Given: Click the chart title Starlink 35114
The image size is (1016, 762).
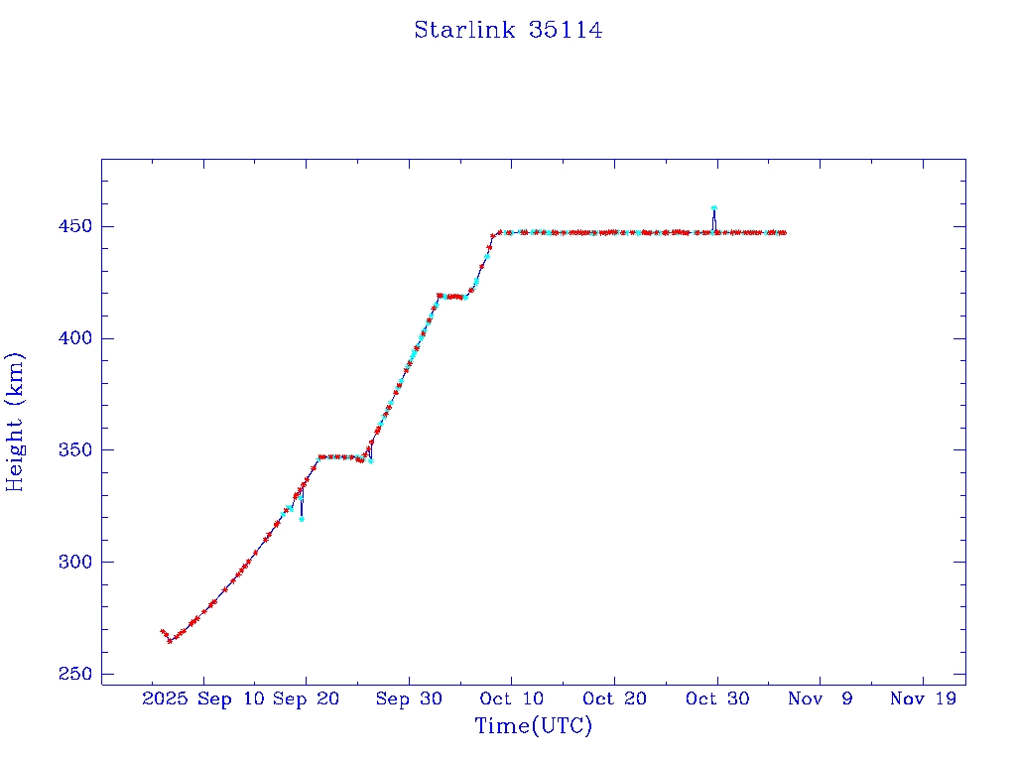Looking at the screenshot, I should pyautogui.click(x=508, y=30).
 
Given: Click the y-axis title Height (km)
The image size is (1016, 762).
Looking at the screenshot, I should pyautogui.click(x=15, y=422).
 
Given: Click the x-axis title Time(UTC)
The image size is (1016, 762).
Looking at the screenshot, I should pyautogui.click(x=533, y=726).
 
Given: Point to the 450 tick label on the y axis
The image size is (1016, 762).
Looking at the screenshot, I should pyautogui.click(x=72, y=226).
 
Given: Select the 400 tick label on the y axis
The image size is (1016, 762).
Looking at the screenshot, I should pyautogui.click(x=72, y=338).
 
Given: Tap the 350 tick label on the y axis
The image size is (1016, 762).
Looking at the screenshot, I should pyautogui.click(x=72, y=450).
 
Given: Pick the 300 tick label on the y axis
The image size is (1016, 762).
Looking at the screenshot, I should pyautogui.click(x=72, y=562).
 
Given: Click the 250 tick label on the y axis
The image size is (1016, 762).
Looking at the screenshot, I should pyautogui.click(x=72, y=674).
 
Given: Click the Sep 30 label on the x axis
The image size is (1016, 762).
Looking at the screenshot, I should pyautogui.click(x=408, y=699).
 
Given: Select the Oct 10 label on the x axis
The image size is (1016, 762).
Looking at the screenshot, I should pyautogui.click(x=510, y=699).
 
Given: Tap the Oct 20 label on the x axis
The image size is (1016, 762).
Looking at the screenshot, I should pyautogui.click(x=614, y=699).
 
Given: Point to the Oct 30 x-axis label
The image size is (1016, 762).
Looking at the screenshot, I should pyautogui.click(x=717, y=699).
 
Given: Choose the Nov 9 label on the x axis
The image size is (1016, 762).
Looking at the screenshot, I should pyautogui.click(x=821, y=699).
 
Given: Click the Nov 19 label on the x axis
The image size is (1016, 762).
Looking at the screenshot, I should pyautogui.click(x=923, y=699).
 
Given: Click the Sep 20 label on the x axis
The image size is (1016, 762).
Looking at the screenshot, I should pyautogui.click(x=306, y=699).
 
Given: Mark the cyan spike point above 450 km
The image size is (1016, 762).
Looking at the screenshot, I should pyautogui.click(x=713, y=208).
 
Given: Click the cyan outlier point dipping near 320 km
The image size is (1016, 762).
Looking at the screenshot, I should pyautogui.click(x=302, y=519).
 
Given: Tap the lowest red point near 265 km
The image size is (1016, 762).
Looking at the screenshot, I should pyautogui.click(x=170, y=641).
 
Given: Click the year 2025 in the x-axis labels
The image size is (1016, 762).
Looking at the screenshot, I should pyautogui.click(x=165, y=699).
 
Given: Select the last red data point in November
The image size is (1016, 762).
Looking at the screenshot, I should pyautogui.click(x=784, y=232).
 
